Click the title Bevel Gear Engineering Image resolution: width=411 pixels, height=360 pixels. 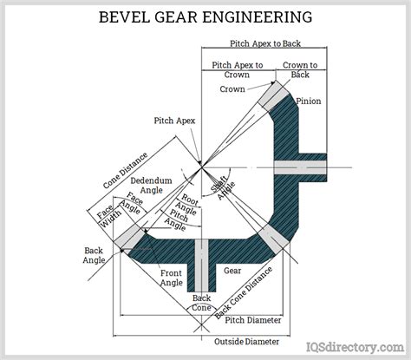pos(205,15)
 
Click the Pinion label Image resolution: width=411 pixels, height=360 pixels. pos(309,101)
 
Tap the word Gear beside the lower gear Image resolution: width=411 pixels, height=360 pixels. pos(232,270)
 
